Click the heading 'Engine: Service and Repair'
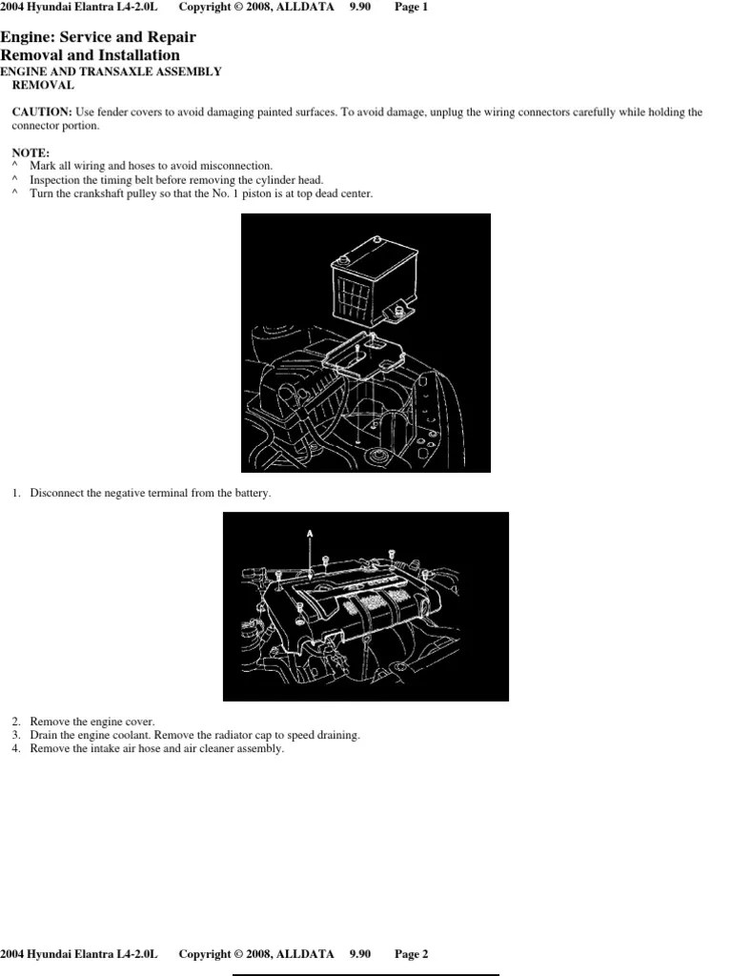(x=98, y=37)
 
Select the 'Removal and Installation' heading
(x=90, y=54)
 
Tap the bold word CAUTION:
(x=42, y=112)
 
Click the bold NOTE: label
(x=30, y=152)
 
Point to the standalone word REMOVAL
(x=43, y=85)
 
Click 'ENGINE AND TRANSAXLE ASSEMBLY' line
(x=111, y=71)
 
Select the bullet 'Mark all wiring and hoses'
(x=152, y=166)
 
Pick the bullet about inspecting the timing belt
(x=176, y=180)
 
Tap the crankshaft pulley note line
(x=201, y=193)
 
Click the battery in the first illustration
(x=374, y=281)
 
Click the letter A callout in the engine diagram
(x=310, y=534)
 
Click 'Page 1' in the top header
(x=412, y=7)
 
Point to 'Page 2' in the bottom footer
(x=412, y=954)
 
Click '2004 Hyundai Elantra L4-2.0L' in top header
(x=79, y=7)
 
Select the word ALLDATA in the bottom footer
(x=305, y=954)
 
